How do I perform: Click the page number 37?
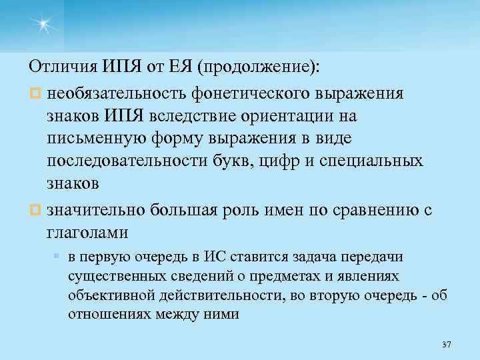click(447, 345)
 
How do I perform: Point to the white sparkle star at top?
click(44, 25)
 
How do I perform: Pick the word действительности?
click(203, 295)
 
